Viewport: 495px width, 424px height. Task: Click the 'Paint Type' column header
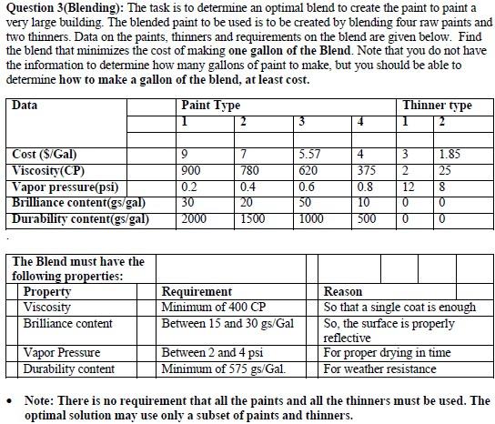pos(211,106)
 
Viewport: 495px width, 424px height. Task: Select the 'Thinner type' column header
pos(437,106)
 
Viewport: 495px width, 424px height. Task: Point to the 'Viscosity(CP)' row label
pos(50,170)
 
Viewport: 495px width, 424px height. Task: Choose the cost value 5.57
pos(310,154)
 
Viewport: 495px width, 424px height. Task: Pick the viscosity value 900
pos(192,170)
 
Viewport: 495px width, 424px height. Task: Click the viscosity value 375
pos(365,170)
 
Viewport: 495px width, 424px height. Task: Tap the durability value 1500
pos(253,218)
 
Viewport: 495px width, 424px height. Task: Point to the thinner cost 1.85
pos(449,154)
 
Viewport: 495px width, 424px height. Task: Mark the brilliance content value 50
pos(307,202)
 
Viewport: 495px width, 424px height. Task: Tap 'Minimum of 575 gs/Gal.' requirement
pos(224,368)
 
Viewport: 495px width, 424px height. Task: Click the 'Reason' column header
pos(343,292)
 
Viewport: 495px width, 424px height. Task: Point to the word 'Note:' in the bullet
pos(40,400)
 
